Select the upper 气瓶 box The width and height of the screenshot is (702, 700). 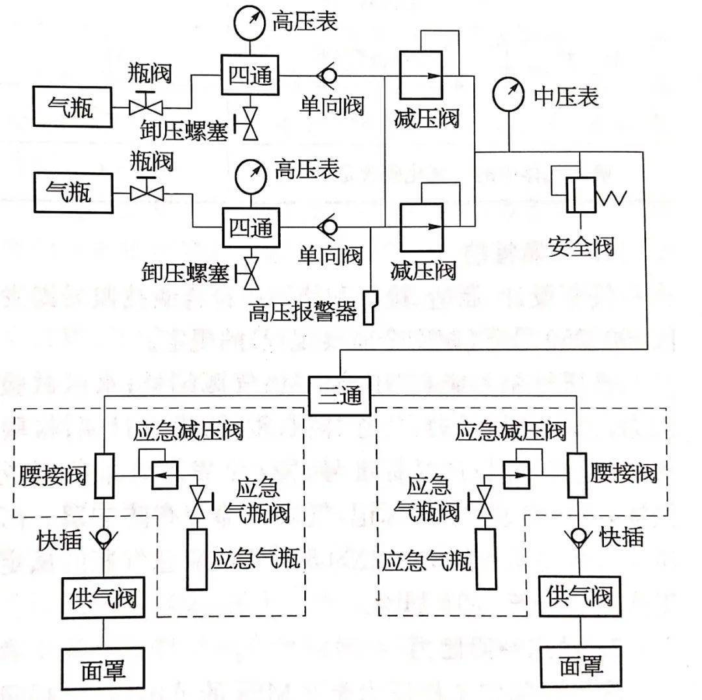71,107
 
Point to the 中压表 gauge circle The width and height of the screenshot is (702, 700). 509,95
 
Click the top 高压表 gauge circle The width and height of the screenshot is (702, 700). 251,21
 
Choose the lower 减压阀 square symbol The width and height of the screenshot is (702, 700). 421,227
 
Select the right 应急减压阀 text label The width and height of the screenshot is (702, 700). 511,432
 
